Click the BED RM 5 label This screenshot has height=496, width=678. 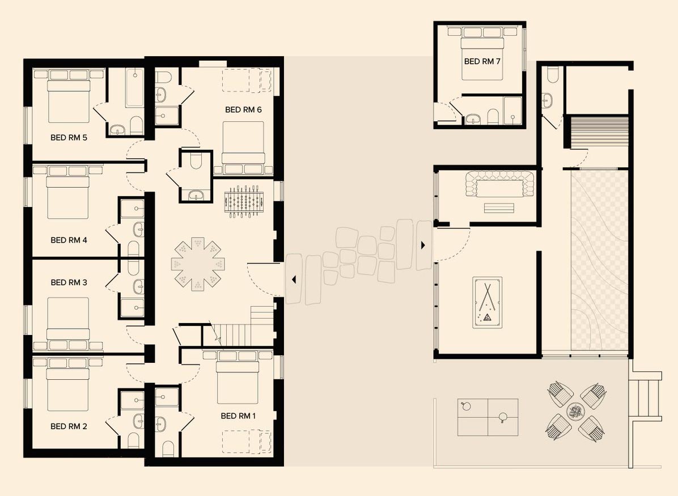pos(69,138)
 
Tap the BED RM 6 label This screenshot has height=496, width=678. pos(243,110)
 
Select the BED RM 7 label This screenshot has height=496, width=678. pos(482,61)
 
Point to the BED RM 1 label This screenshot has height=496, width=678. pos(238,416)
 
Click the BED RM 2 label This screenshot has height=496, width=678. pos(69,426)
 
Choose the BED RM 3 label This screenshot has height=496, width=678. pos(69,282)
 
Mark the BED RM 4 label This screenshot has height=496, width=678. pos(69,240)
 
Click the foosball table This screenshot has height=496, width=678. pos(244,201)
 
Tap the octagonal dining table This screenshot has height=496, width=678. pos(198,264)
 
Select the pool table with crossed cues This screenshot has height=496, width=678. pos(488,303)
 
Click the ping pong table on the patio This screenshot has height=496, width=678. pos(488,417)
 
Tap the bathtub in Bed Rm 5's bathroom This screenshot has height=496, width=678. pos(134,88)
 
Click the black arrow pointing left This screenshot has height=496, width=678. pos(294,280)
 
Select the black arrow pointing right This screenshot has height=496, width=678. pos(423,245)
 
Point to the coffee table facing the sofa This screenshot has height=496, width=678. pos(499,208)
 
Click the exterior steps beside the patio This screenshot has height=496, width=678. pos(645,396)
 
